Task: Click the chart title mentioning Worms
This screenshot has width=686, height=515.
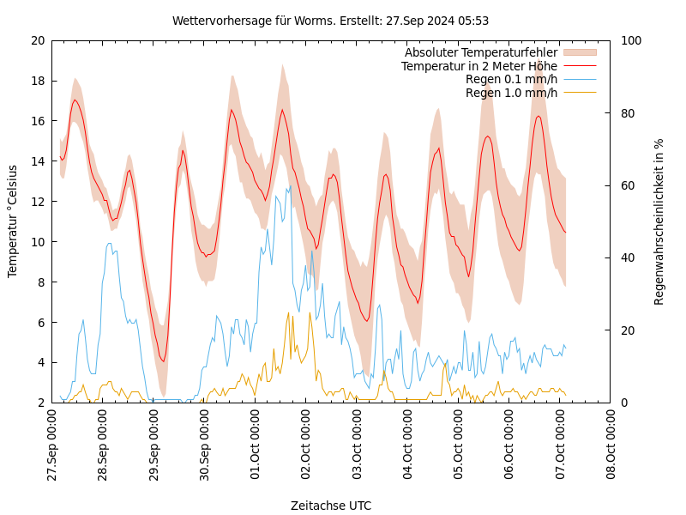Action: point(330,21)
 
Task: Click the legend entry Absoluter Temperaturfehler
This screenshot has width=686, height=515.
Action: point(480,53)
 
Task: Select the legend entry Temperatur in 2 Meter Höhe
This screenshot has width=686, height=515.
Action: point(478,66)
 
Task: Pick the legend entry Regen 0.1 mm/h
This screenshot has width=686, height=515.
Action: point(511,79)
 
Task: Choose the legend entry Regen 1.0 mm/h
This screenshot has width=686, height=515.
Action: point(511,93)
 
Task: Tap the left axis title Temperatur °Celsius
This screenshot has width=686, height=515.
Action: point(13,221)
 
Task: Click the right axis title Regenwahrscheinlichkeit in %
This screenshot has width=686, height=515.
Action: point(659,221)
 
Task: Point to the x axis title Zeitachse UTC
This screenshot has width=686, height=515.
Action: point(331,506)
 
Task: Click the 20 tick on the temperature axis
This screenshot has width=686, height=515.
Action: point(37,40)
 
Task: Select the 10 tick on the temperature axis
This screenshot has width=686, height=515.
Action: point(37,242)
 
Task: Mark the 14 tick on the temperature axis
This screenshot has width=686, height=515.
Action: point(37,161)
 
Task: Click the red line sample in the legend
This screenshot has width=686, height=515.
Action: point(579,66)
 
